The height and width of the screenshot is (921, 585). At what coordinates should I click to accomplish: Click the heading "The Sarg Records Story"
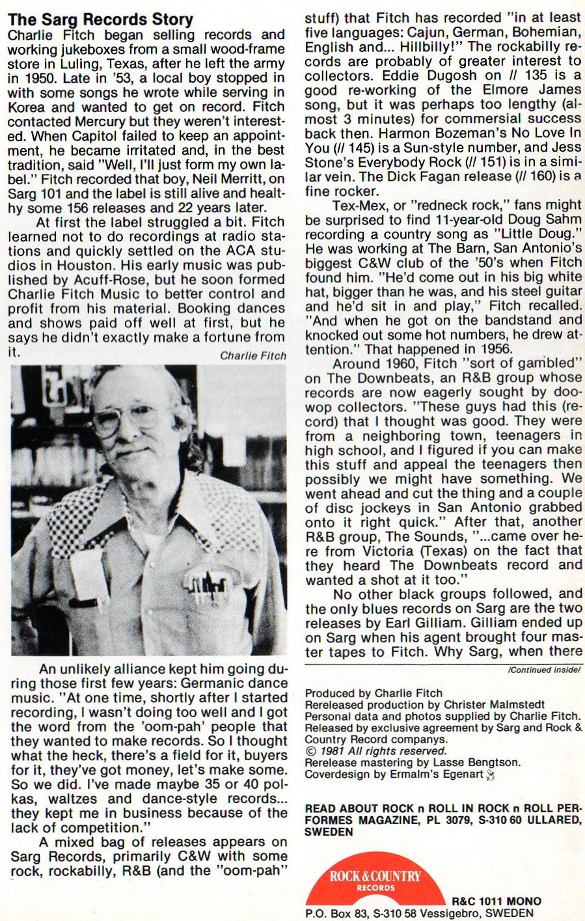101,20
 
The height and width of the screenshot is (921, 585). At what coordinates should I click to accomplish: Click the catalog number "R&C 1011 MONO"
497,901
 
